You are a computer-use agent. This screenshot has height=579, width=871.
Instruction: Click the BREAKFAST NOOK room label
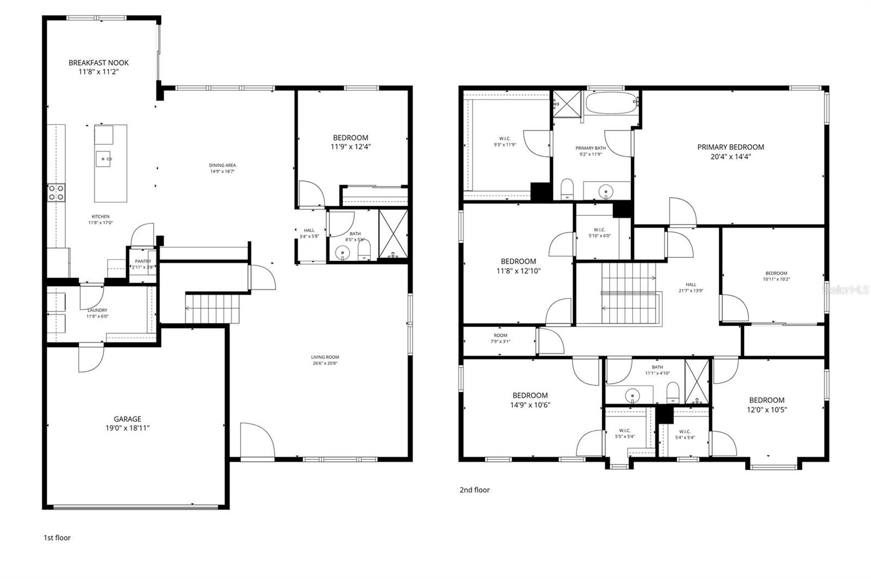(99, 63)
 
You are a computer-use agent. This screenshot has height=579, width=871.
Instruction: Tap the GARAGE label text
(127, 419)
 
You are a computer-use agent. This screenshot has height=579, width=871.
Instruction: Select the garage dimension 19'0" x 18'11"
(127, 428)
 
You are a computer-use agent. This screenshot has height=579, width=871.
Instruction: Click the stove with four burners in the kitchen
(56, 192)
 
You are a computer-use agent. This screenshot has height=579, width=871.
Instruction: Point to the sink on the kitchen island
(103, 159)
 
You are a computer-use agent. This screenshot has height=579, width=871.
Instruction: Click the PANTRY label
(143, 261)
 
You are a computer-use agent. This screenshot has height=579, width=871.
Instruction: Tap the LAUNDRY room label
(97, 310)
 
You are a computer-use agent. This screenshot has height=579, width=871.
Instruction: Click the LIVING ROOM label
(325, 357)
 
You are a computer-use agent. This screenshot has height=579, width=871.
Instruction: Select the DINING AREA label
(223, 165)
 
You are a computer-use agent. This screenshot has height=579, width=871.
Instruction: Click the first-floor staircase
(212, 308)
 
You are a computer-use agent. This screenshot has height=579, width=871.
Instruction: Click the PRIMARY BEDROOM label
(731, 147)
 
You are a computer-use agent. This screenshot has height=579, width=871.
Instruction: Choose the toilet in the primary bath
(567, 189)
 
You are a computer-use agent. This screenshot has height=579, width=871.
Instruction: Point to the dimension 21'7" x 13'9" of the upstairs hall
(691, 290)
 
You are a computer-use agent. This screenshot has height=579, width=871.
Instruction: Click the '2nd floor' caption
(475, 490)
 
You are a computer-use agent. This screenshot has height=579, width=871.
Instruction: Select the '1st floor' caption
(57, 538)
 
